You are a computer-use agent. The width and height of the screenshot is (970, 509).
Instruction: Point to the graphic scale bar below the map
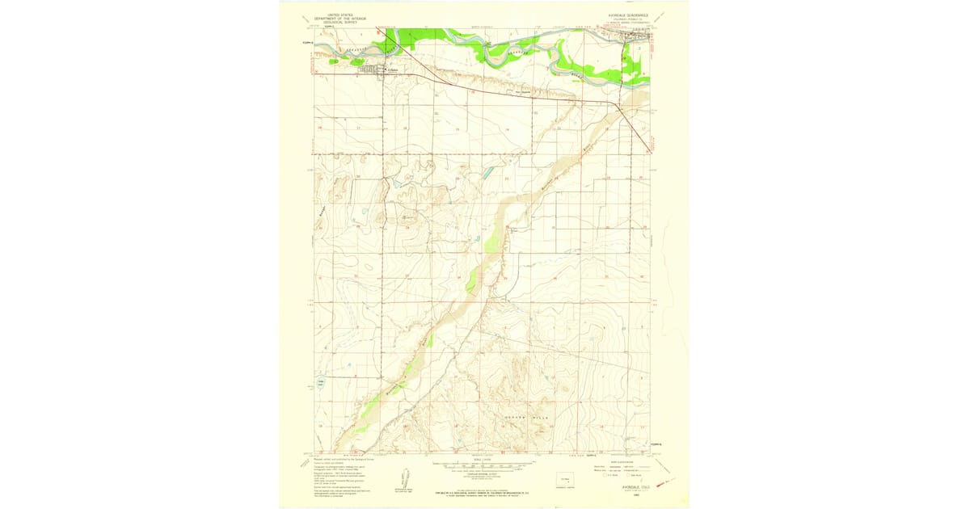pos(484,465)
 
